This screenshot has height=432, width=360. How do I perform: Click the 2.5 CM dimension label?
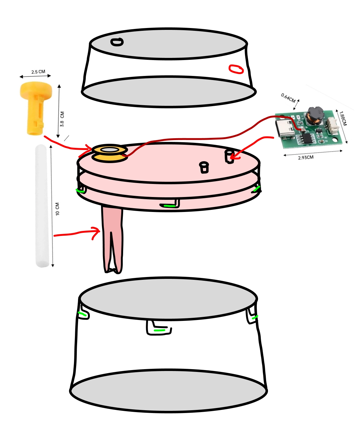point(38,72)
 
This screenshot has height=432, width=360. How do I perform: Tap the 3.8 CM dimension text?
point(62,119)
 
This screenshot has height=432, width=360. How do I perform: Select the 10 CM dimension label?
point(58,209)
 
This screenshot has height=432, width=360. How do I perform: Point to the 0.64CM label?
point(288,98)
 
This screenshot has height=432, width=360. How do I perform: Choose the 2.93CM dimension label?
point(306,157)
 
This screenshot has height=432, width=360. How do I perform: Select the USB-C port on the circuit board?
point(285,129)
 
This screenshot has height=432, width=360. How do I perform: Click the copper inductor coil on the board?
point(315,116)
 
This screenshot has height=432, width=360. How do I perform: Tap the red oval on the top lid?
point(236,69)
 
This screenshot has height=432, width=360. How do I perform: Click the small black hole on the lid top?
point(117,42)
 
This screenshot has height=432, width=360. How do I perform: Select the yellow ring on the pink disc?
point(109,153)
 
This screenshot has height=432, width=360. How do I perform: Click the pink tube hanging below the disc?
point(112,240)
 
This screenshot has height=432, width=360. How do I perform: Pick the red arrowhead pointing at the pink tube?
point(97,233)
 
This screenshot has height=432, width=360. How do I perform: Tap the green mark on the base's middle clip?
point(159,331)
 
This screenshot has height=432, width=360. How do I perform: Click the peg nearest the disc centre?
point(204,167)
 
